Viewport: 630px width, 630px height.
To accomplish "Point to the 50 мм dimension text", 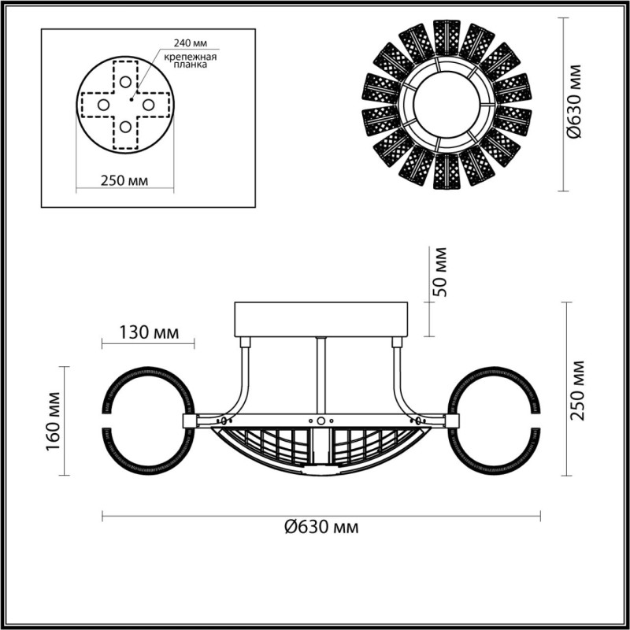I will click(441, 272).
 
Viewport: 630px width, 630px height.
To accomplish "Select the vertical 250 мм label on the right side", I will click(579, 389).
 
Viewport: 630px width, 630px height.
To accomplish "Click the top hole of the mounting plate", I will click(124, 82).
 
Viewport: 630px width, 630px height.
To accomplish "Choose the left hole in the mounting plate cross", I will click(103, 104).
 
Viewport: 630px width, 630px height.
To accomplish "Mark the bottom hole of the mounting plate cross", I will click(124, 126).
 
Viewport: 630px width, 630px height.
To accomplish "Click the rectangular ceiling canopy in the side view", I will click(323, 319).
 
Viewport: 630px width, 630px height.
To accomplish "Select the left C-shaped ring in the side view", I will click(146, 421).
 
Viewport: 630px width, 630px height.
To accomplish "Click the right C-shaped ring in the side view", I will click(497, 421).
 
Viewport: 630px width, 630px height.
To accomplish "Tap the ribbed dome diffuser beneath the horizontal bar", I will click(321, 449).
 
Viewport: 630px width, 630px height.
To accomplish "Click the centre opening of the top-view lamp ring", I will click(446, 103).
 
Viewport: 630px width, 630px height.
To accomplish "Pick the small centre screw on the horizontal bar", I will click(321, 421).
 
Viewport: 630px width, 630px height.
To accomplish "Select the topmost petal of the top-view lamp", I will click(446, 34).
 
